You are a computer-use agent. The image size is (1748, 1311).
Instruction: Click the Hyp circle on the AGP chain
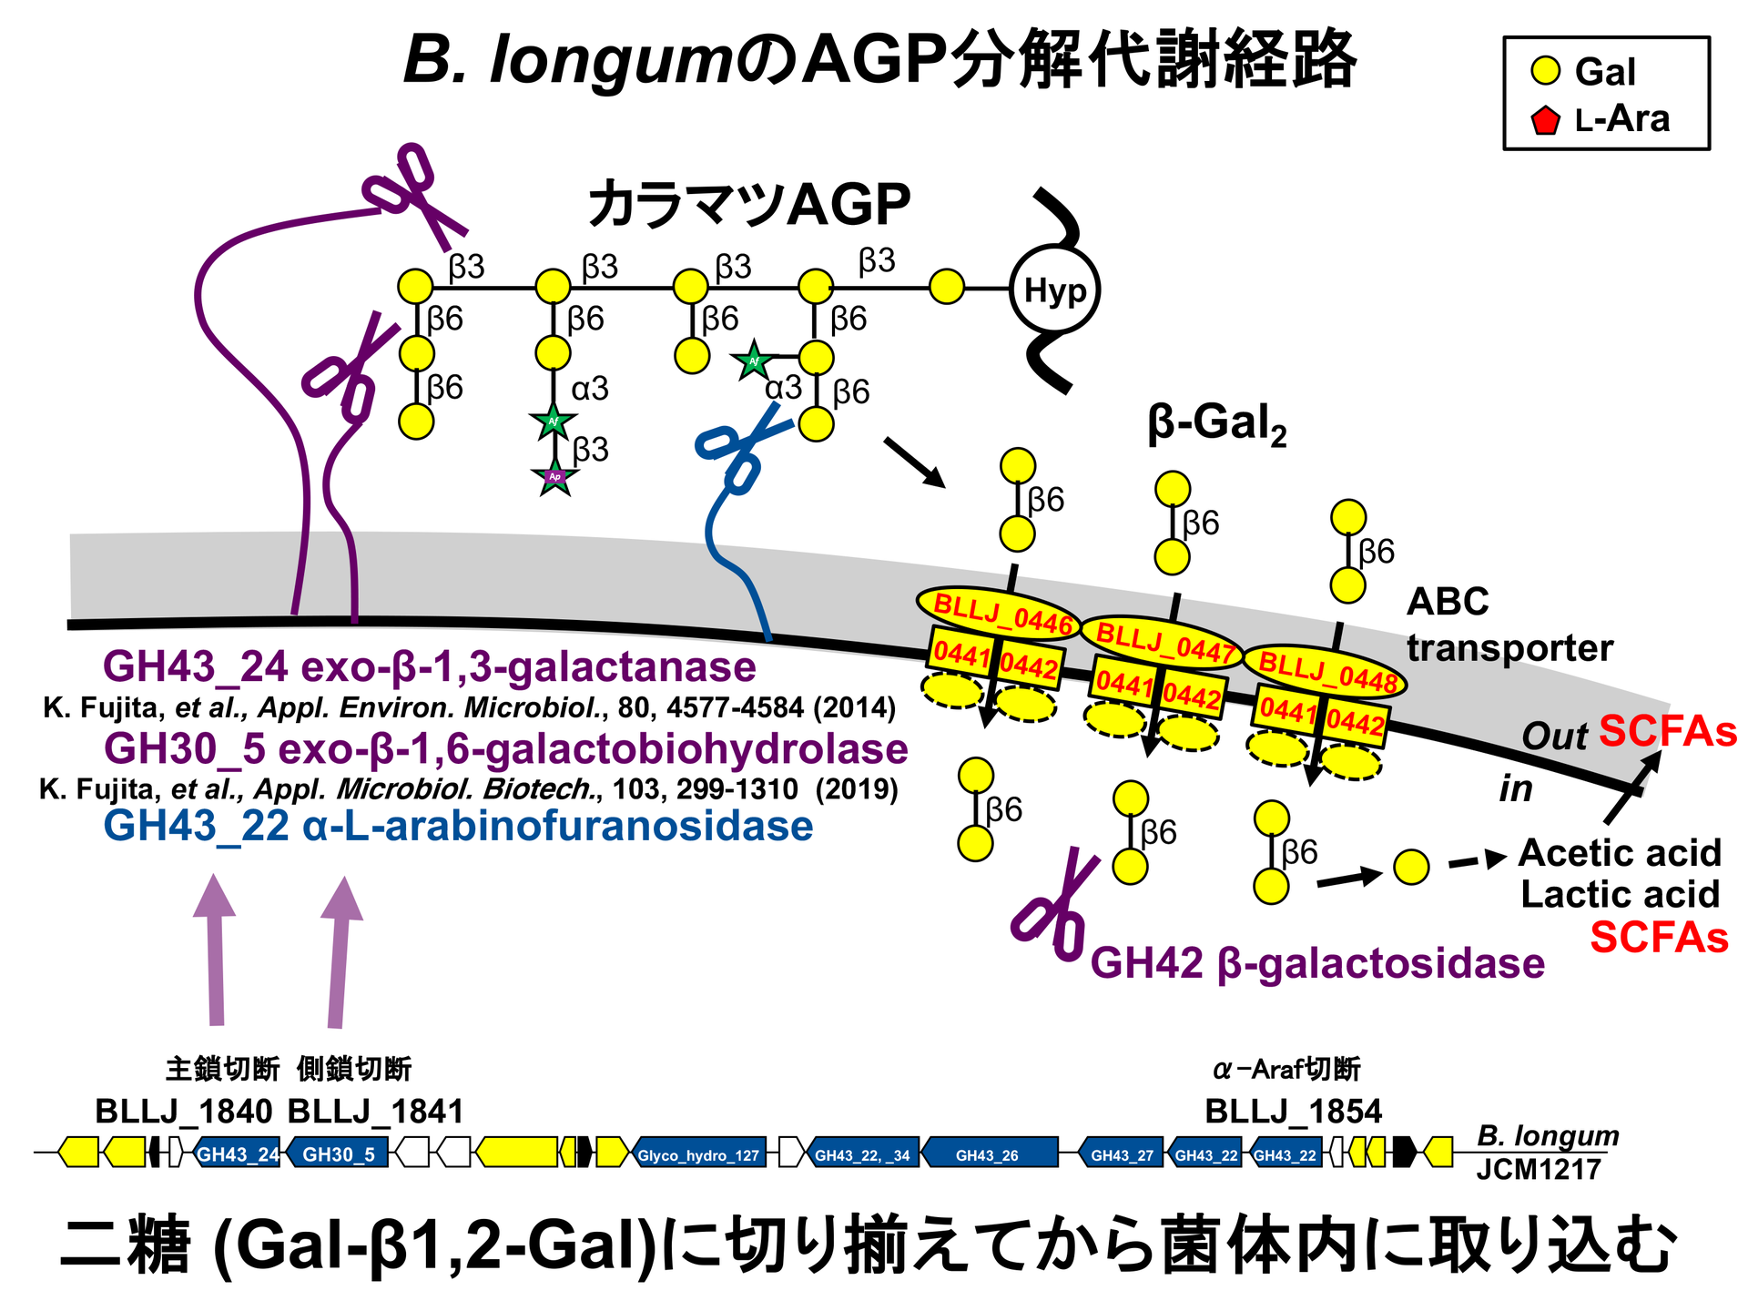click(1054, 290)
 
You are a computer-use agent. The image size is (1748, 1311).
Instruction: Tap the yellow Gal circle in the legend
click(1545, 71)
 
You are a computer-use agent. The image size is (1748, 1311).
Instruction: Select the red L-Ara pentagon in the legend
click(1545, 120)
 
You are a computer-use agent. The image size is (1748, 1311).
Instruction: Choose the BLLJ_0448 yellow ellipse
click(1325, 672)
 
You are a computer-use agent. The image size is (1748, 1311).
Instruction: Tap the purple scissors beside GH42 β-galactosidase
click(1056, 906)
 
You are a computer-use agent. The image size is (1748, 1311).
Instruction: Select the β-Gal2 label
click(1216, 424)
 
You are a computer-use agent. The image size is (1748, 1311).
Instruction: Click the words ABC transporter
click(1509, 625)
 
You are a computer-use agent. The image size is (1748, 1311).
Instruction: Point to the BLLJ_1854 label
click(1293, 1111)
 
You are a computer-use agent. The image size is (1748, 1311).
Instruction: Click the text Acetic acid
click(1620, 853)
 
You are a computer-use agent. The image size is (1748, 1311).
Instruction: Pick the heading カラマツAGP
click(748, 204)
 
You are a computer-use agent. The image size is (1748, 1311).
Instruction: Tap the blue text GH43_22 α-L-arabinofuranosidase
click(458, 826)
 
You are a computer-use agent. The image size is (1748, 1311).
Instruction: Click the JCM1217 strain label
click(1538, 1169)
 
